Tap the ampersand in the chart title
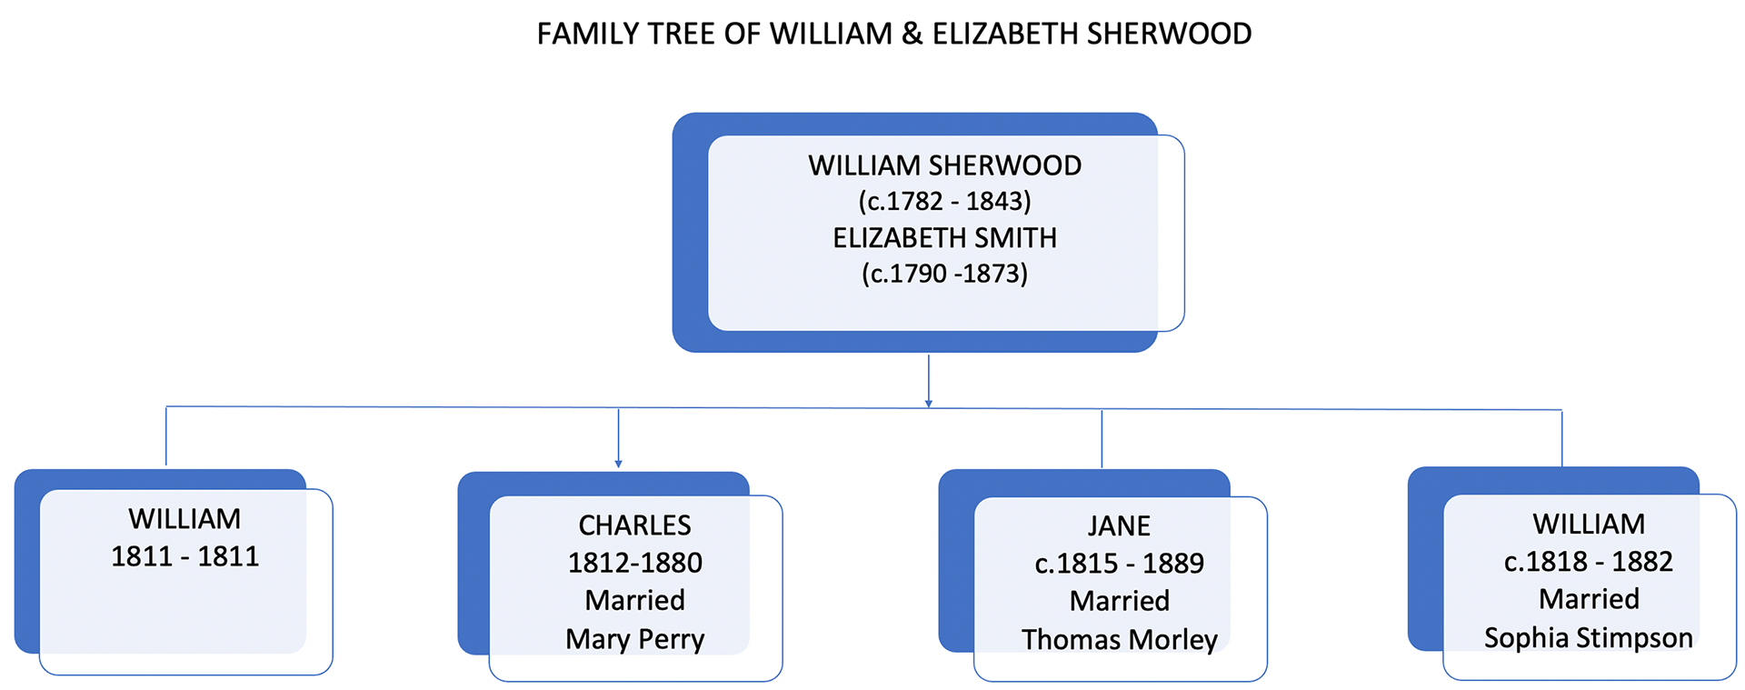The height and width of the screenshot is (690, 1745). pyautogui.click(x=912, y=35)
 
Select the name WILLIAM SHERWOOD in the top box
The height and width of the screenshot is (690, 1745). pyautogui.click(x=944, y=165)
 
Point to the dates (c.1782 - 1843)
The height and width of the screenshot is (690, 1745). pyautogui.click(x=944, y=201)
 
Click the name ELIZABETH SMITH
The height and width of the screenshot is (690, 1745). pyautogui.click(x=944, y=238)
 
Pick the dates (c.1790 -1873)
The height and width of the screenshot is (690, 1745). pyautogui.click(x=944, y=274)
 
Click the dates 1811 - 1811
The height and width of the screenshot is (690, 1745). pyautogui.click(x=184, y=556)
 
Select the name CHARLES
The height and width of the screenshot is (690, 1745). pyautogui.click(x=634, y=525)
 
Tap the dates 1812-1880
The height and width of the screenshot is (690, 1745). pyautogui.click(x=634, y=563)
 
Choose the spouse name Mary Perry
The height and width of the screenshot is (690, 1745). pyautogui.click(x=634, y=639)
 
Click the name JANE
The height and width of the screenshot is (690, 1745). pyautogui.click(x=1119, y=526)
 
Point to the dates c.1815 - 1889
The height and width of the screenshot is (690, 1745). pyautogui.click(x=1119, y=564)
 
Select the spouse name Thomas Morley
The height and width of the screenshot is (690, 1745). pyautogui.click(x=1119, y=640)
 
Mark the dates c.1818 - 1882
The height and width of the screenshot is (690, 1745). pyautogui.click(x=1588, y=562)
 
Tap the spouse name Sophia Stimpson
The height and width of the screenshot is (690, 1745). pyautogui.click(x=1588, y=638)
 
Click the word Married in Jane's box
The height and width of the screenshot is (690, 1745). pyautogui.click(x=1119, y=601)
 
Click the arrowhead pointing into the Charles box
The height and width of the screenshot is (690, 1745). pyautogui.click(x=618, y=464)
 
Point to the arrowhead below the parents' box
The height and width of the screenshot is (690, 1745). pyautogui.click(x=928, y=403)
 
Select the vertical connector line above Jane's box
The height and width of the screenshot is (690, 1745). pyautogui.click(x=1102, y=439)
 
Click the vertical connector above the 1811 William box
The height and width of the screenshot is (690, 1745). pyautogui.click(x=166, y=436)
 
